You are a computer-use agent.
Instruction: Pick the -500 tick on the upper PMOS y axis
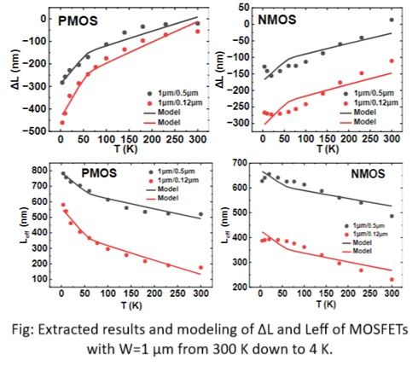pos(38,132)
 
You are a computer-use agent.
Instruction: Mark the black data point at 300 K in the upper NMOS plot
pos(392,20)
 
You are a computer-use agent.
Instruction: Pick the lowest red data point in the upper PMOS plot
pos(61,123)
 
